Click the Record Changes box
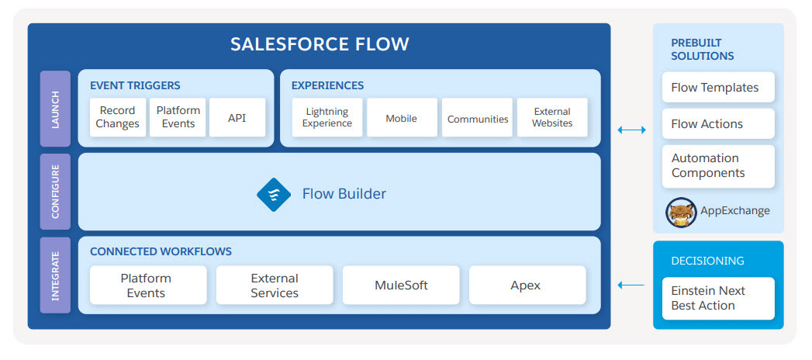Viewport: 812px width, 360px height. [118, 118]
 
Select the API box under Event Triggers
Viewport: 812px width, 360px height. [237, 118]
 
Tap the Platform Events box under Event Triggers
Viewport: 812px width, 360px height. [178, 118]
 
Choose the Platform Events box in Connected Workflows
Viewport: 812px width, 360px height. [148, 285]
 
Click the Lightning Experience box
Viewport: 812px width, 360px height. [327, 118]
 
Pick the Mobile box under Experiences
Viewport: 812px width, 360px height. [402, 118]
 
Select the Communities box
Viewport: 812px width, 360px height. [477, 118]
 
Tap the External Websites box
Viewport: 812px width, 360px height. [552, 118]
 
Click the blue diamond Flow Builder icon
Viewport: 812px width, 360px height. [274, 194]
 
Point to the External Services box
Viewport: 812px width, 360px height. [275, 285]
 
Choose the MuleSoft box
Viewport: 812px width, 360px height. [401, 285]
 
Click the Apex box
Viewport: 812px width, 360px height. [527, 285]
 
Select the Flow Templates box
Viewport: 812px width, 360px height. [718, 87]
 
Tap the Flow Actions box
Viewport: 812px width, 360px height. [718, 124]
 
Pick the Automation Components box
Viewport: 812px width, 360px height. [718, 166]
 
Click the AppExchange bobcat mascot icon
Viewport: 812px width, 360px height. [681, 212]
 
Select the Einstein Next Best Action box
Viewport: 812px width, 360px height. [718, 299]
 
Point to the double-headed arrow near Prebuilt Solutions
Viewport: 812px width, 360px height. [632, 130]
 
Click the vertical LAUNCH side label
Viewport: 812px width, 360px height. [55, 109]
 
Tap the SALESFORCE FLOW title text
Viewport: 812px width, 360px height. [320, 44]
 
